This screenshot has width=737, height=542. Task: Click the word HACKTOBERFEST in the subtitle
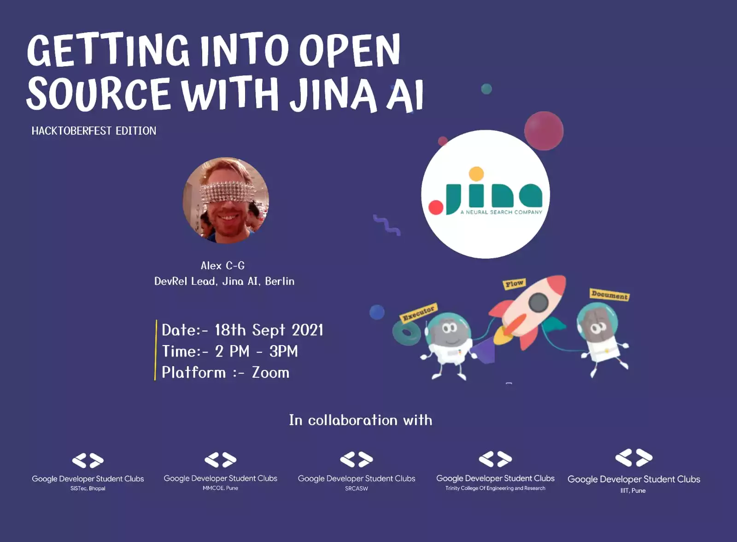point(71,131)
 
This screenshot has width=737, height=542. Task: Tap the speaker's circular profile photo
point(226,200)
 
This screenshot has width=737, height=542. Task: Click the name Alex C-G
point(223,265)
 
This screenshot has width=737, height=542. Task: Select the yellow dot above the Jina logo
point(476,174)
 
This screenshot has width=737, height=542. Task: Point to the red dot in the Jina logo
point(436,208)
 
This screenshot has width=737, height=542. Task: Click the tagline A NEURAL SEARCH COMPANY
point(501,212)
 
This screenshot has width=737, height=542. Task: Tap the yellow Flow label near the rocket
point(514,284)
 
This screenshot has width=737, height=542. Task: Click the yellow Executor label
point(418,312)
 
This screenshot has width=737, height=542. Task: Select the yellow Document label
point(609,294)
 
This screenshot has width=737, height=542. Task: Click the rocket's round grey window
point(538,302)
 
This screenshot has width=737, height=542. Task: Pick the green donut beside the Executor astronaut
point(406,333)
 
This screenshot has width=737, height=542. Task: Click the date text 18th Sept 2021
point(269,330)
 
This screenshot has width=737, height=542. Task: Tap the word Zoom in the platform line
point(270,373)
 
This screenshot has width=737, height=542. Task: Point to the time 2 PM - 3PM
point(257,352)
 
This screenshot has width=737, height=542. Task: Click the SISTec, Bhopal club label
point(88,489)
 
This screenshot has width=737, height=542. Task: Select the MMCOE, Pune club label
point(221,488)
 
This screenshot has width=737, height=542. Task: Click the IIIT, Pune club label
point(633,491)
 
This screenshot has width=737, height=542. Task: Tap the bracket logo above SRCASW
point(357,460)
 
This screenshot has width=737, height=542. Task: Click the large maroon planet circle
point(544,131)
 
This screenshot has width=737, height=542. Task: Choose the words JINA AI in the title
point(357,95)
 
